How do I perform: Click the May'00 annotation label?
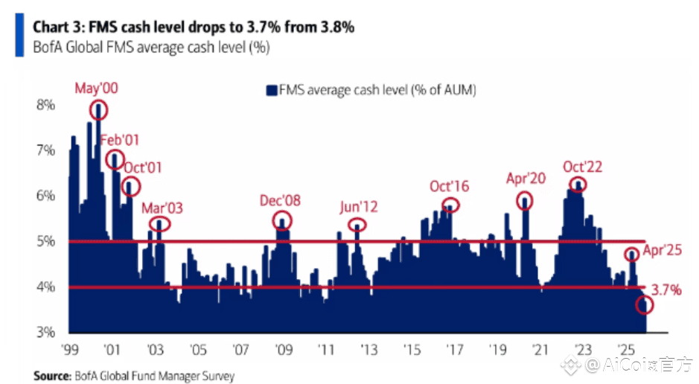click(x=97, y=89)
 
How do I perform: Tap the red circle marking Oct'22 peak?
click(x=577, y=185)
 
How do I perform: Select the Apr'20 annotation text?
click(x=526, y=179)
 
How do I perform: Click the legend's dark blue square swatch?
click(x=271, y=90)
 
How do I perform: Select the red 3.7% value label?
click(x=666, y=290)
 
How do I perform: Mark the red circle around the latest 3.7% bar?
click(x=645, y=305)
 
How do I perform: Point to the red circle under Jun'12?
click(x=359, y=225)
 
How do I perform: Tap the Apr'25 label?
click(x=663, y=251)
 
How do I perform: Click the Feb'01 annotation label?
click(x=120, y=139)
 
